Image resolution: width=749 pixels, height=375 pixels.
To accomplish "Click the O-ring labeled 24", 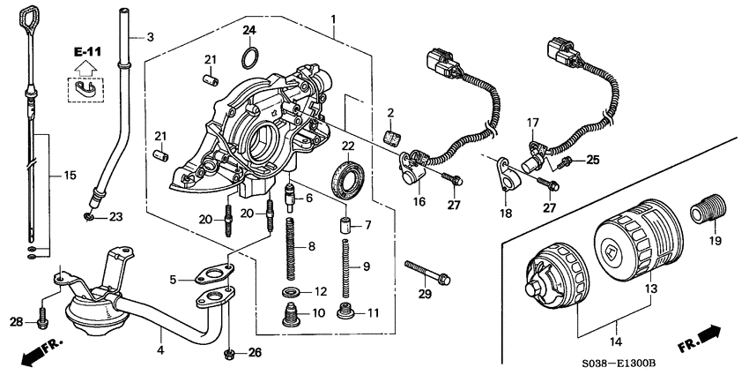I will pos(250,58).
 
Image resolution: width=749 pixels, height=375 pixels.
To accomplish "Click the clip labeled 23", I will pos(89,215).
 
